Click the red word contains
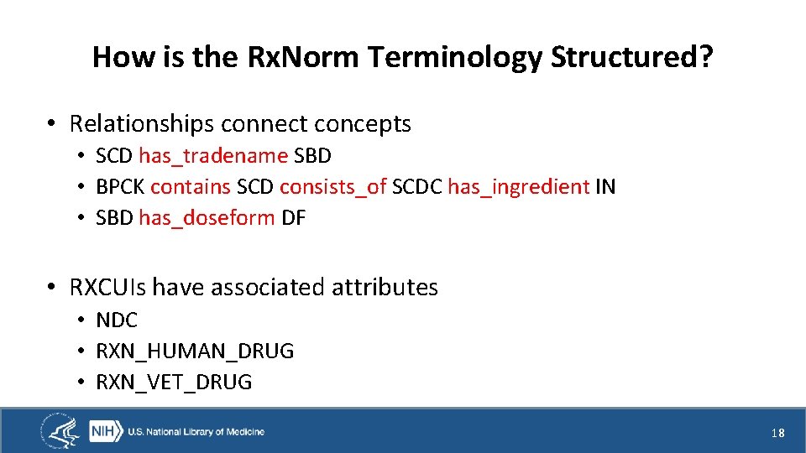pos(191,187)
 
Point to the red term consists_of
pos(333,187)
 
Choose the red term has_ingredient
pos(518,187)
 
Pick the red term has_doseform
pos(207,218)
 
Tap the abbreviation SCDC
pos(417,187)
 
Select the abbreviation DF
pos(293,218)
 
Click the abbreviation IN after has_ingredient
pos(605,187)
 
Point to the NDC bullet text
pos(117,320)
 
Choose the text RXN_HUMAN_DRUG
pos(195,351)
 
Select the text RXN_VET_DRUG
pos(174,383)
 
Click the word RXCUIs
pos(107,288)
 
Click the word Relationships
pos(142,124)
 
